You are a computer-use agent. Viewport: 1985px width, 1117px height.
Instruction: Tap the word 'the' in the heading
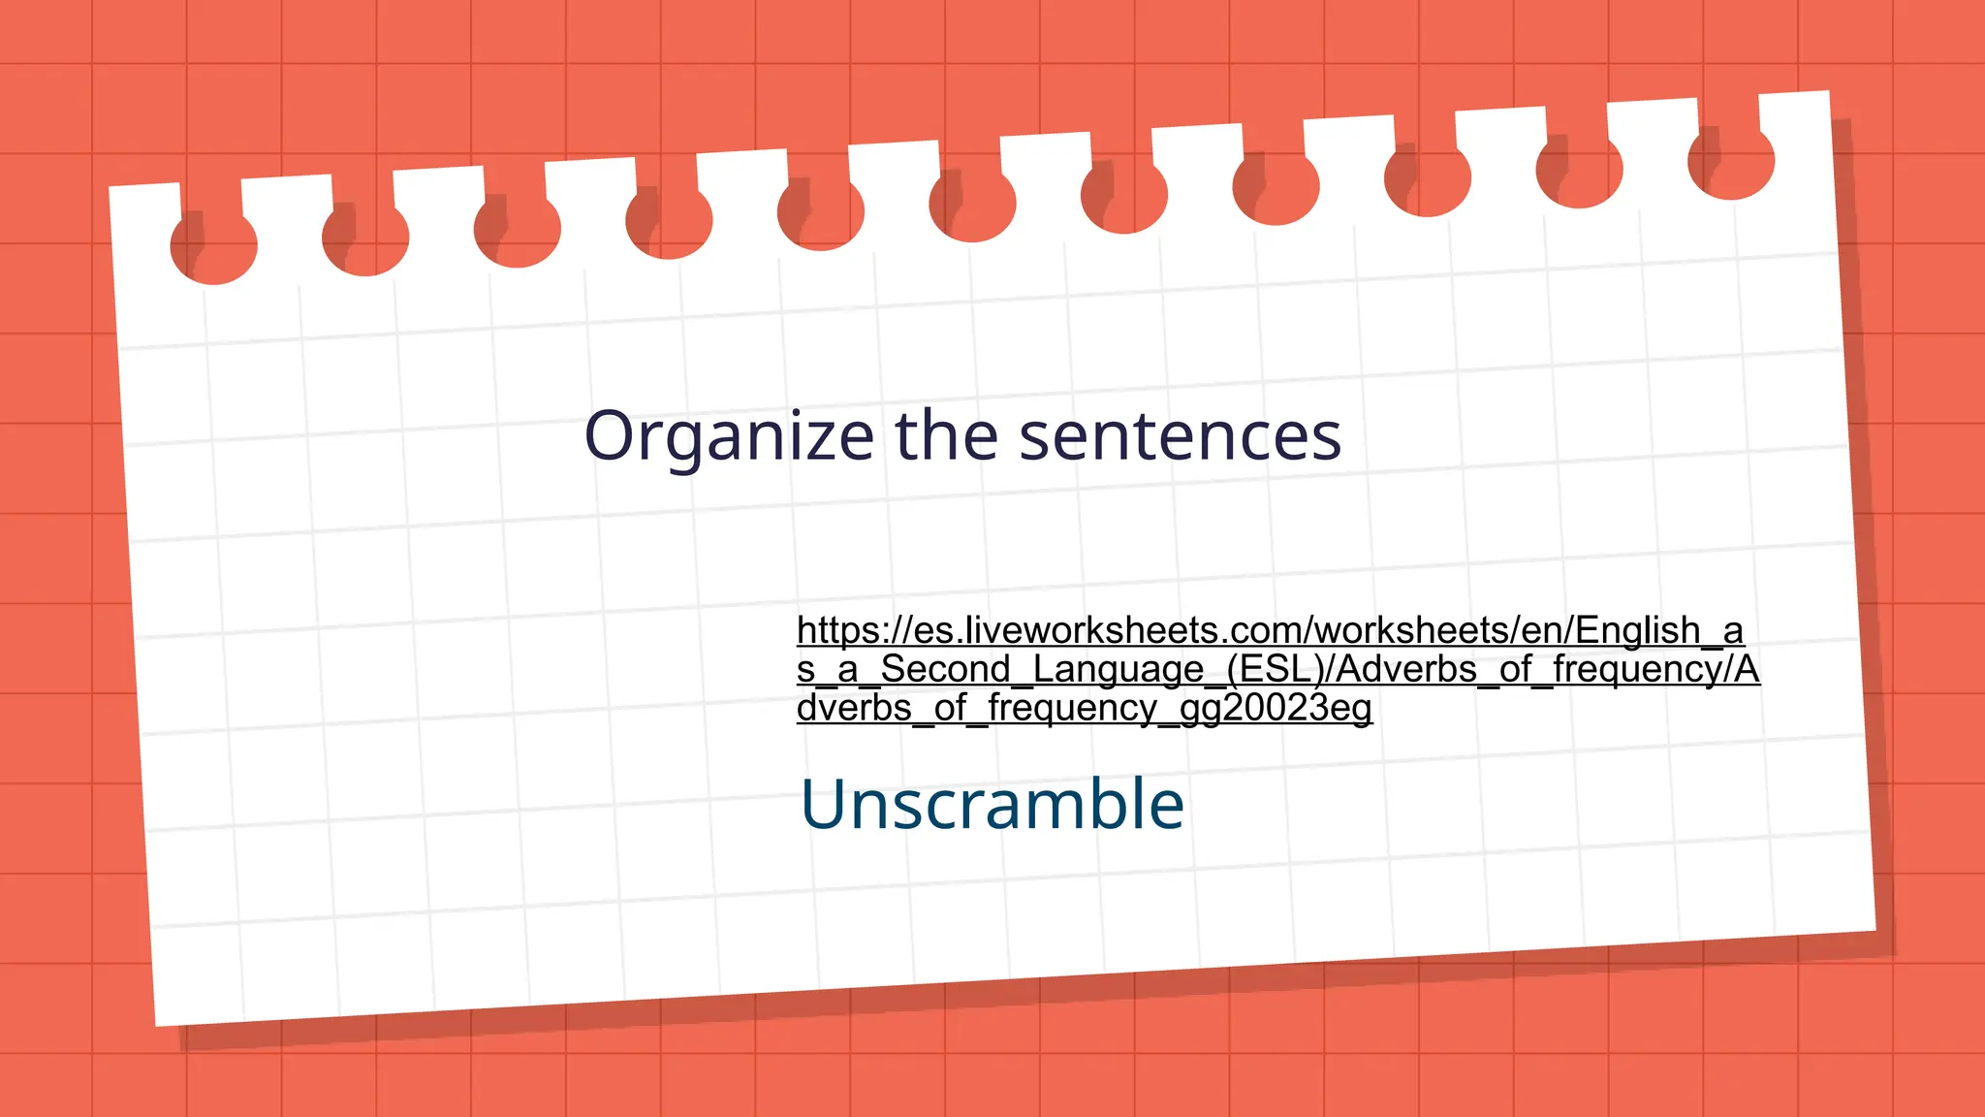tap(946, 435)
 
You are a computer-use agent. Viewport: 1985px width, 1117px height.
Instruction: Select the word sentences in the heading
tap(1181, 436)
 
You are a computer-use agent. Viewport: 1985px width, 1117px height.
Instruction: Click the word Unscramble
tap(992, 804)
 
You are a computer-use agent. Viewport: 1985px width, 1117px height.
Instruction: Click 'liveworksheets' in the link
tap(1078, 631)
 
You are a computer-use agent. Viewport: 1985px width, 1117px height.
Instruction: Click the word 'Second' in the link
tap(945, 669)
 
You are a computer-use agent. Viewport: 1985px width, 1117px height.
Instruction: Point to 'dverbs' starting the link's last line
tap(854, 708)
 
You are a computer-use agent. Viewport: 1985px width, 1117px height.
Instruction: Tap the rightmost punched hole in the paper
tap(1731, 163)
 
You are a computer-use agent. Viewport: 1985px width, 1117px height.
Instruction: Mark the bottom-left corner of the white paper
tap(157, 1025)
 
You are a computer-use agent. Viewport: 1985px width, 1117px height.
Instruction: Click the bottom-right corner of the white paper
tap(1875, 930)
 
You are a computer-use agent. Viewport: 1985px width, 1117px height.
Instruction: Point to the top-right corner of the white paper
tap(1828, 92)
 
